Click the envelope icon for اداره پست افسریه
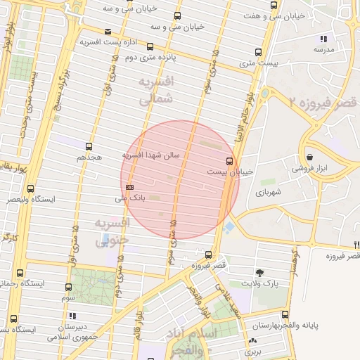click(x=107, y=32)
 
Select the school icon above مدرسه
click(x=323, y=39)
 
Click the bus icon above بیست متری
click(x=259, y=53)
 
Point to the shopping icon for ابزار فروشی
click(x=310, y=157)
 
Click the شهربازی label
click(x=269, y=191)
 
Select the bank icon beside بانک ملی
click(x=130, y=187)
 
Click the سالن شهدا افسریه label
click(x=151, y=154)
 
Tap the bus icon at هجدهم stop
click(x=89, y=146)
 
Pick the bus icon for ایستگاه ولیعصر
click(x=30, y=188)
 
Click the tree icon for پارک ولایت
click(x=260, y=272)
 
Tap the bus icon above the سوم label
click(x=68, y=287)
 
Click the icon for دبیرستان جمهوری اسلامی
click(x=72, y=316)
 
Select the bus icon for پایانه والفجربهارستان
click(x=284, y=314)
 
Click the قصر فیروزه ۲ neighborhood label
click(x=322, y=103)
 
